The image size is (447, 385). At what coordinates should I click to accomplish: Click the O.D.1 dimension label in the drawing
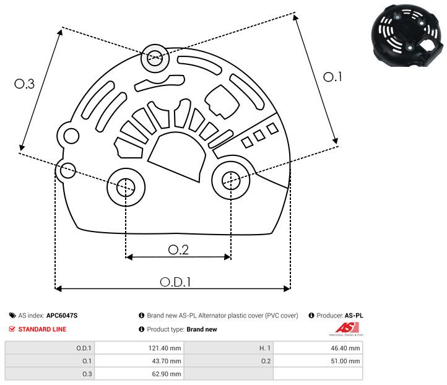coord(175,281)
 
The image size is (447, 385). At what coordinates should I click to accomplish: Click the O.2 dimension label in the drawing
coord(178,249)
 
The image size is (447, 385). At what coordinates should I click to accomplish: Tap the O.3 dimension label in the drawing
coord(24,85)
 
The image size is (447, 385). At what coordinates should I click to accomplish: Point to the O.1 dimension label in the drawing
coord(332,76)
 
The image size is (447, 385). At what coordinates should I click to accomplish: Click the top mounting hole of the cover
coord(154,59)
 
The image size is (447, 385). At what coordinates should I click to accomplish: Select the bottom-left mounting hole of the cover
coord(126,186)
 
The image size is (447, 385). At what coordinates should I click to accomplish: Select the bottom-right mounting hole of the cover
coord(230,180)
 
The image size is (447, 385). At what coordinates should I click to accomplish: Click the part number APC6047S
coord(62,316)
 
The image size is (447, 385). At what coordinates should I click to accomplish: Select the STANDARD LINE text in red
coord(42,329)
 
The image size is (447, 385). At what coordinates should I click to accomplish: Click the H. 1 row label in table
coord(264,348)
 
